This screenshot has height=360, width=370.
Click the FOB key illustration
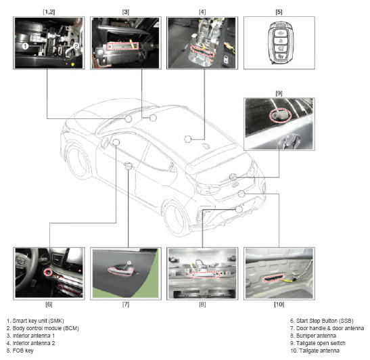click(280, 43)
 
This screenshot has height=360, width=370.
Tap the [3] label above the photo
click(126, 12)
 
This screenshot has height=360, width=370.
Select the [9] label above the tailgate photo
click(279, 93)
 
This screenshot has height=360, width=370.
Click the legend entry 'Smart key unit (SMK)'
click(35, 321)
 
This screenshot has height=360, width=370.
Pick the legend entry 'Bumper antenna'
click(313, 336)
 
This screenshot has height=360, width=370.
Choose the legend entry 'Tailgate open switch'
click(318, 343)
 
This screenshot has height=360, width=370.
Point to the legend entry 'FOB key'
click(20, 351)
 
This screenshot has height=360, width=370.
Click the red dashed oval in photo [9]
click(280, 115)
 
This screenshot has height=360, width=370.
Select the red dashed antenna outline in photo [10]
click(273, 277)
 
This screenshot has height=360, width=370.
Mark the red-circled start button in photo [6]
click(48, 272)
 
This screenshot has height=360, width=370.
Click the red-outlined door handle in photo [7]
click(120, 270)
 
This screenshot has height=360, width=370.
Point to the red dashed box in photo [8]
click(205, 274)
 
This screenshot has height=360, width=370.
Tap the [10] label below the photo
click(279, 305)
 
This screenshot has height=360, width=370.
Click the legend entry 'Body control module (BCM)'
click(43, 328)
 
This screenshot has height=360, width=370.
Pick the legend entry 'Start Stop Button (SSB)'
click(321, 321)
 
